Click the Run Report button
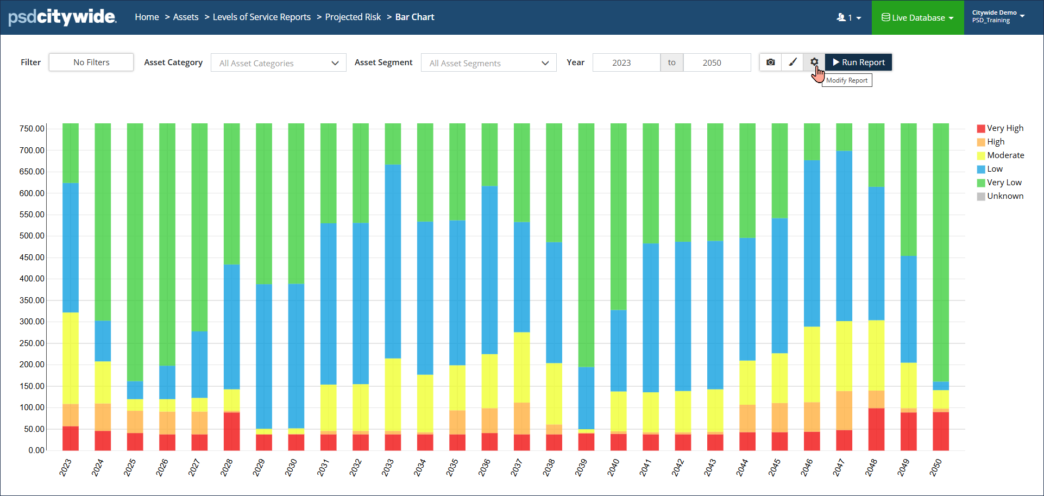point(858,62)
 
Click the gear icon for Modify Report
point(814,62)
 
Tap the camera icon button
point(770,62)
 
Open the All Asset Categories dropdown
point(278,63)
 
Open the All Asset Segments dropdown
point(488,63)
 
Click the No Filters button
point(91,62)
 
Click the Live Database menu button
point(917,17)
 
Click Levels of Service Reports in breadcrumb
point(261,17)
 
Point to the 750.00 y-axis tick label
point(32,129)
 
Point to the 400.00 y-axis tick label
point(32,279)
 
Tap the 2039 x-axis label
point(581,468)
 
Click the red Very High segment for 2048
point(876,429)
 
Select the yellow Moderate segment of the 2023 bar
point(71,359)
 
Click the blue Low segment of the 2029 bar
point(264,356)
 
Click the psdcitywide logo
point(62,17)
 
